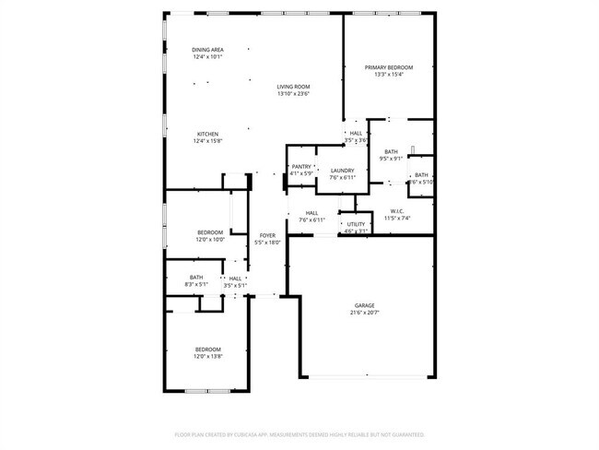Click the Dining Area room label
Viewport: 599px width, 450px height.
pyautogui.click(x=207, y=50)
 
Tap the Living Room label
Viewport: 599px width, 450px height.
pyautogui.click(x=293, y=87)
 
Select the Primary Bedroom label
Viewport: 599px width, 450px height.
pyautogui.click(x=388, y=67)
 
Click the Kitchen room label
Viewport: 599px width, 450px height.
pyautogui.click(x=206, y=135)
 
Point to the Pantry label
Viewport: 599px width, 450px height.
pyautogui.click(x=300, y=166)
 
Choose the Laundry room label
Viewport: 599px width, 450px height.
pyautogui.click(x=342, y=170)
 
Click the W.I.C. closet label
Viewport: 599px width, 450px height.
pyautogui.click(x=398, y=211)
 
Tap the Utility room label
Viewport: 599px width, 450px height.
pyautogui.click(x=356, y=224)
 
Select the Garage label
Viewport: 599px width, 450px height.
pyautogui.click(x=365, y=305)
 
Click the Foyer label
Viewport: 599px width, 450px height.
pyautogui.click(x=267, y=236)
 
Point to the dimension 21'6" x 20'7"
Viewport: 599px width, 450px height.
pyautogui.click(x=365, y=313)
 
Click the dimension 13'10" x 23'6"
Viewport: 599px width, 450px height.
pyautogui.click(x=293, y=93)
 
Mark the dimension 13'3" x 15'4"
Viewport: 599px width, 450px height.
pyautogui.click(x=388, y=75)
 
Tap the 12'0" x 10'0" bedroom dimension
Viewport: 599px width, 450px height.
pyautogui.click(x=210, y=240)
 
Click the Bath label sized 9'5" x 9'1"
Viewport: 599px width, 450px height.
pyautogui.click(x=392, y=152)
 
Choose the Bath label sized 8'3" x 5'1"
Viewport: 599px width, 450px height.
pyautogui.click(x=196, y=278)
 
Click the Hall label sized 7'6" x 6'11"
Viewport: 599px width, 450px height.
pyautogui.click(x=312, y=214)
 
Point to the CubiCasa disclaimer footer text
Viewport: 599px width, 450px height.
pyautogui.click(x=299, y=433)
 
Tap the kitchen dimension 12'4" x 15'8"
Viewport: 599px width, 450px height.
pyautogui.click(x=206, y=142)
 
